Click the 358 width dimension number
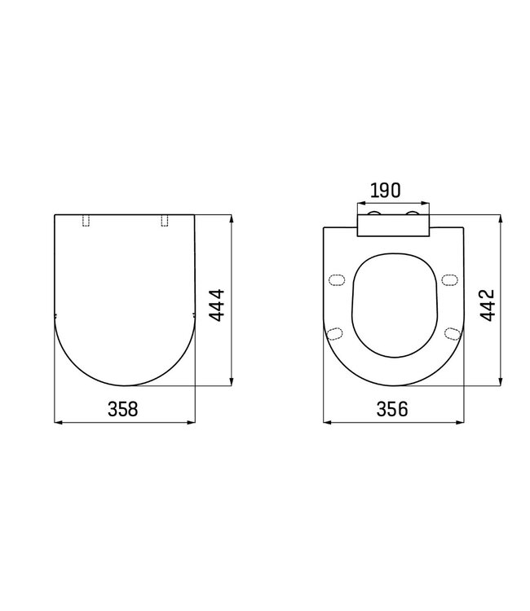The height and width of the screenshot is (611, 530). coord(124,410)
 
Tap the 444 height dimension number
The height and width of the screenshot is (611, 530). coord(218,306)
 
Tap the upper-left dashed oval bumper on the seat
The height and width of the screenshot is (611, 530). coord(334,281)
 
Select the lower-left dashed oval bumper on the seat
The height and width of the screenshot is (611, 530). coord(333,332)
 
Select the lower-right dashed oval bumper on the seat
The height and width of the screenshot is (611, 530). coord(451,332)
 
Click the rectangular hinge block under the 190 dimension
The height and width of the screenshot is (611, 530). coord(393,226)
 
